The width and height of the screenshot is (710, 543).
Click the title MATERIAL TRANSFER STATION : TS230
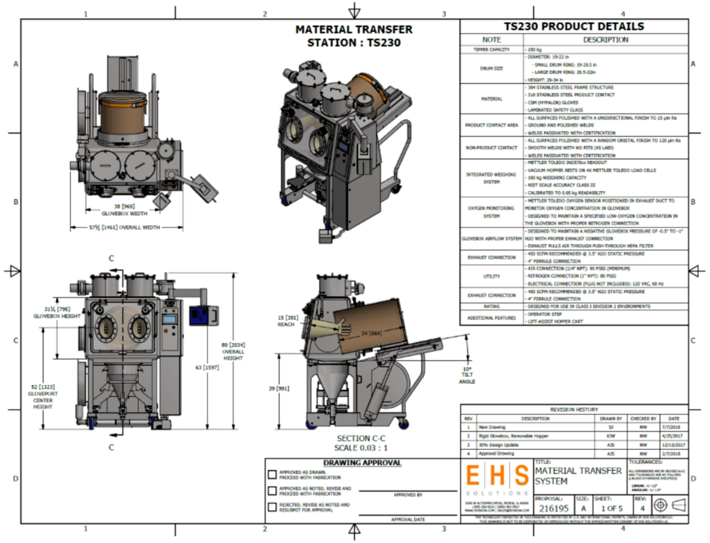coord(354,35)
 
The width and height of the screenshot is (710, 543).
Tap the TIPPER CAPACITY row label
coord(491,50)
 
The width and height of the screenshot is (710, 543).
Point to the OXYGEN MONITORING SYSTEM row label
coord(491,212)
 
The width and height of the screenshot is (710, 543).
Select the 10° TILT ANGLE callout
coord(466,375)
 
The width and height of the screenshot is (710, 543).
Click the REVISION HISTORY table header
coord(574,410)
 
